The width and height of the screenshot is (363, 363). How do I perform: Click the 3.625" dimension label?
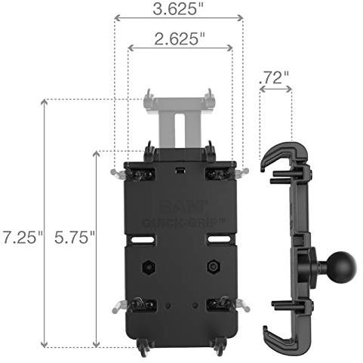pyautogui.click(x=178, y=9)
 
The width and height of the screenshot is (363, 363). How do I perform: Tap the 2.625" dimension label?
pyautogui.click(x=180, y=39)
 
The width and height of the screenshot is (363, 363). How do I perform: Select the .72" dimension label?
pyautogui.click(x=274, y=78)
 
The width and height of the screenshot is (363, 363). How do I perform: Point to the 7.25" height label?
pyautogui.click(x=23, y=237)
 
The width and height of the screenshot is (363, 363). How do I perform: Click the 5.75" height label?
pyautogui.click(x=75, y=237)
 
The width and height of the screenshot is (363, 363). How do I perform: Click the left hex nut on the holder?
pyautogui.click(x=149, y=267)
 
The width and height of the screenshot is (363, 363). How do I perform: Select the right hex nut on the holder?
pyautogui.click(x=214, y=266)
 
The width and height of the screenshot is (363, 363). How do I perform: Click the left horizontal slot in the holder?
pyautogui.click(x=143, y=240)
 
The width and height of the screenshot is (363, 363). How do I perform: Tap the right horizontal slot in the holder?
pyautogui.click(x=220, y=239)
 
